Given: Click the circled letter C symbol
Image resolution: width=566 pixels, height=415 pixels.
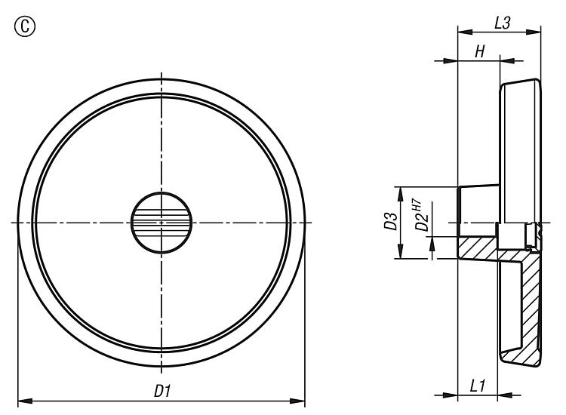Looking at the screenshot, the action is tap(25, 26).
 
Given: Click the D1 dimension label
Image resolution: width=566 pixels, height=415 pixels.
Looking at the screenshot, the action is tap(162, 391).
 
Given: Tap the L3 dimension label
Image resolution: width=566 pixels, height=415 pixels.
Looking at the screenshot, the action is tap(502, 23).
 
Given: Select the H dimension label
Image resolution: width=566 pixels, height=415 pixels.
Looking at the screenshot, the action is tap(479, 51).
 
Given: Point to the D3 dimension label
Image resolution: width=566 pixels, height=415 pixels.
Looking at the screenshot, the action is tap(390, 221).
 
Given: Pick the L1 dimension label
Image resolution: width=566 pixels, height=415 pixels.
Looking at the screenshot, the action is tap(477, 386).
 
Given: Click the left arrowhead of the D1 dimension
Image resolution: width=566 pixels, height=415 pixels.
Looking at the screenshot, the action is tap(25, 401).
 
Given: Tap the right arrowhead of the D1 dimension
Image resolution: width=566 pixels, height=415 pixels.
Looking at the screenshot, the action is tap(297, 401).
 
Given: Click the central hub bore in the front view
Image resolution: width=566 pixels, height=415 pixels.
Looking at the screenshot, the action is tap(161, 223).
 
